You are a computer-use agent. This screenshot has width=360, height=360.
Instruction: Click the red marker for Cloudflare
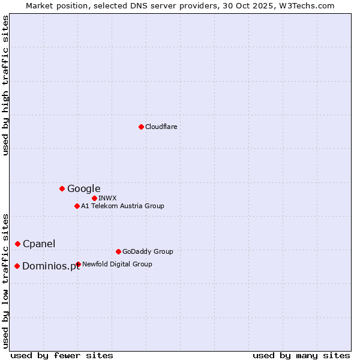[141, 127]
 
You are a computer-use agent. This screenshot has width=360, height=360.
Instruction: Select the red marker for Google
[62, 189]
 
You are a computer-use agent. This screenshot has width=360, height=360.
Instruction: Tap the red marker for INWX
[94, 198]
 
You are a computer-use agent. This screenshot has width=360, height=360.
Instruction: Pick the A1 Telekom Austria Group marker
[77, 206]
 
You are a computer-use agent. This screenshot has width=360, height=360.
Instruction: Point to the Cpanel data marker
[17, 244]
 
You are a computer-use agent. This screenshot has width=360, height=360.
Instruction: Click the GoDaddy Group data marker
[118, 251]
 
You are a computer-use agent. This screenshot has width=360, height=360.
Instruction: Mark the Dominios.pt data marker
[17, 266]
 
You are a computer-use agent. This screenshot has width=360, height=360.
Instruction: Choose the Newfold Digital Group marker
[78, 264]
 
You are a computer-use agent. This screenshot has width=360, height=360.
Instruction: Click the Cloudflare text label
[161, 127]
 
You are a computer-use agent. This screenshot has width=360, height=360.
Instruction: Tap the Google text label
[83, 189]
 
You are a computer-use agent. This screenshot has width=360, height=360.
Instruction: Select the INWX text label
[107, 198]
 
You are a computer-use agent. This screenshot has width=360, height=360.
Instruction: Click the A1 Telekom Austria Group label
[122, 206]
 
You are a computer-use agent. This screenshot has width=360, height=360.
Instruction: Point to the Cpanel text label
[39, 244]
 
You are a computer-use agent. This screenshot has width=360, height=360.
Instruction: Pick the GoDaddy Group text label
[148, 251]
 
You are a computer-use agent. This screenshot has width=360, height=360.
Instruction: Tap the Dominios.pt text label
[51, 266]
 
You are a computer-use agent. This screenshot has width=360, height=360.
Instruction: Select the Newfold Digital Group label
[117, 264]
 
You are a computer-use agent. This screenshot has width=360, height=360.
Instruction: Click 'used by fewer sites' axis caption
[62, 355]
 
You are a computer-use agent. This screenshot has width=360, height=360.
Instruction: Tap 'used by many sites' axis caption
[301, 355]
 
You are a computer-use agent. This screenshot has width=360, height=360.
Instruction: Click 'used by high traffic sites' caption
[6, 85]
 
